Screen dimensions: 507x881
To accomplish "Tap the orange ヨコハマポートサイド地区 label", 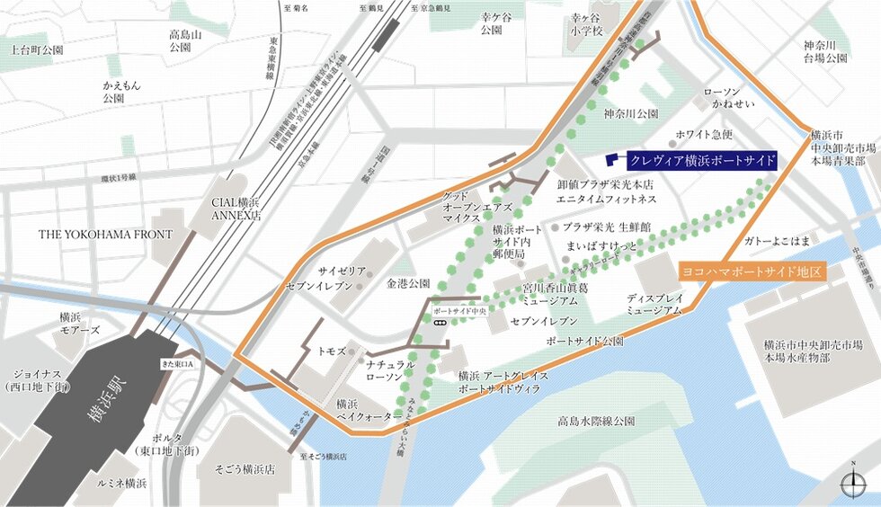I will point(751,271).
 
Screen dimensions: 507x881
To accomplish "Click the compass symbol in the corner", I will point(851,485).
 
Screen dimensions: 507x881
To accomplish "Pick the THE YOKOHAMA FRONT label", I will point(105,235).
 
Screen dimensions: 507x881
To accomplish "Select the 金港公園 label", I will point(409,283).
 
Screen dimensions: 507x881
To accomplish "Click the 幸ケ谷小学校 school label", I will point(585,23).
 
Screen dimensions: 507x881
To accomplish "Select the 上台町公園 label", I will point(37,50).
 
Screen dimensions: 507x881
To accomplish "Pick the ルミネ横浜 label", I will point(123,484).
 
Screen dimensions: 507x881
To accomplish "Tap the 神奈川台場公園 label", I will point(825,50).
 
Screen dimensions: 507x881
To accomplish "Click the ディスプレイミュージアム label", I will point(654,304).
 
